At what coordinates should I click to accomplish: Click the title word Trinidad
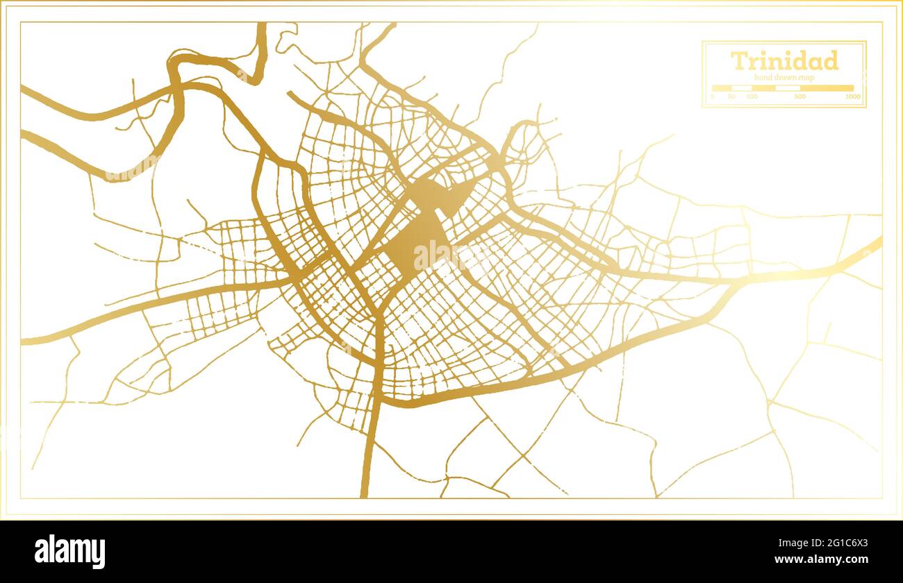(784, 61)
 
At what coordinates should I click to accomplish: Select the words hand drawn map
(784, 78)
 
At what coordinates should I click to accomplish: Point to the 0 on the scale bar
(713, 96)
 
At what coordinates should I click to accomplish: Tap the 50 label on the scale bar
(731, 96)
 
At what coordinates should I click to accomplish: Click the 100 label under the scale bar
(752, 96)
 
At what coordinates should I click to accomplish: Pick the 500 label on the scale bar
(800, 96)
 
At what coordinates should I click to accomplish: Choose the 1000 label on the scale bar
(852, 96)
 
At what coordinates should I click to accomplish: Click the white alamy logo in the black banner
(70, 552)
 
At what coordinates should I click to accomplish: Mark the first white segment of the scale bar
(742, 88)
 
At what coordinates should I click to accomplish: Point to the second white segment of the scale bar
(788, 88)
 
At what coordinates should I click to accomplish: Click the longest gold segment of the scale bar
(827, 88)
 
